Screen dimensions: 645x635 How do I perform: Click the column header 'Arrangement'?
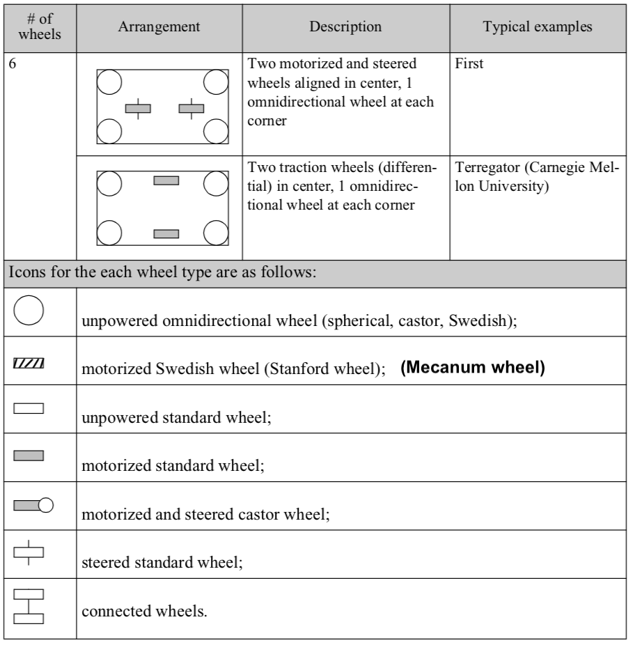160,27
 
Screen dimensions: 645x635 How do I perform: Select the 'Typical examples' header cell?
538,27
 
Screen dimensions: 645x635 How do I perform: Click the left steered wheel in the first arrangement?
138,108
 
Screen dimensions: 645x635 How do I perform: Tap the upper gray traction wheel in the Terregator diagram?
166,180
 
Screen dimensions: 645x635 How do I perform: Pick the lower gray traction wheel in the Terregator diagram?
166,233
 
